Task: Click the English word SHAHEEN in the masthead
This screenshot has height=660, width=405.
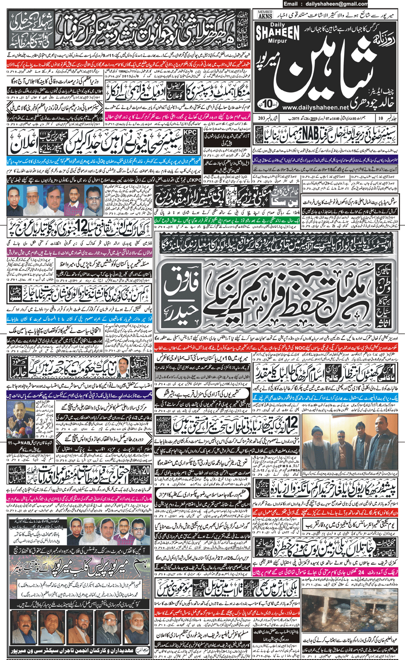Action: tap(277, 33)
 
